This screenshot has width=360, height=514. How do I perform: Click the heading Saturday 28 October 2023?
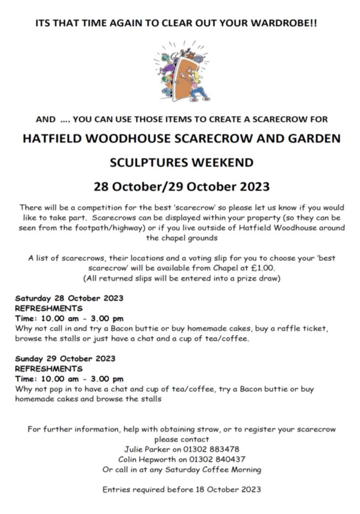click(x=69, y=298)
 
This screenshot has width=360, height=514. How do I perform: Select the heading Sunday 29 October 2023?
click(x=65, y=359)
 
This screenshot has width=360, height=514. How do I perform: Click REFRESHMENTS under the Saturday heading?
click(x=49, y=308)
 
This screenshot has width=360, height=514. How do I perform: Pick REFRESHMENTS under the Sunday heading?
click(x=49, y=369)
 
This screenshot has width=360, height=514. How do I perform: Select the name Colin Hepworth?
click(x=147, y=459)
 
